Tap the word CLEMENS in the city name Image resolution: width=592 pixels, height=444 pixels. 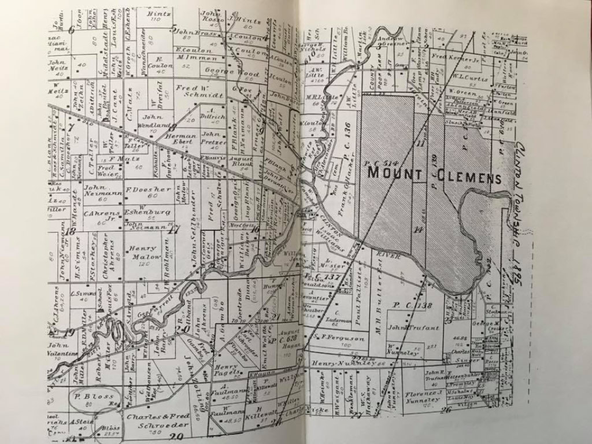[x=465, y=176]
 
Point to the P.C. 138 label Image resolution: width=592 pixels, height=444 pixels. [x=412, y=305]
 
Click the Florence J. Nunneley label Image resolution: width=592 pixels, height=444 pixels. [x=423, y=396]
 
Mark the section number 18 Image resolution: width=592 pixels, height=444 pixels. [x=71, y=231]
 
